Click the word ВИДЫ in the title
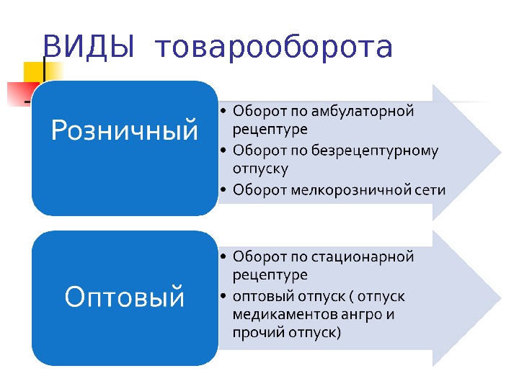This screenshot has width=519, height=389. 89,48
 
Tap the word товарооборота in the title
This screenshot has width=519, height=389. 273,48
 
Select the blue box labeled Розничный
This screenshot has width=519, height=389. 125,148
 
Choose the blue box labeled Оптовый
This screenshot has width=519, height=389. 125,298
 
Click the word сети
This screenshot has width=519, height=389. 430,190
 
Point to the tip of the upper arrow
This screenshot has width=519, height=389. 500,152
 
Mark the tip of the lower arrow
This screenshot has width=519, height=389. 500,299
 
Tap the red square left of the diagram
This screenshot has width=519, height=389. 18,94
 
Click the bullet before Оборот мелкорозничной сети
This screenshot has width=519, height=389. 224,191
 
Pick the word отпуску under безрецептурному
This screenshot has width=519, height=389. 260,169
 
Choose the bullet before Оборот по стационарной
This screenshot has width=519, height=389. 224,257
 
